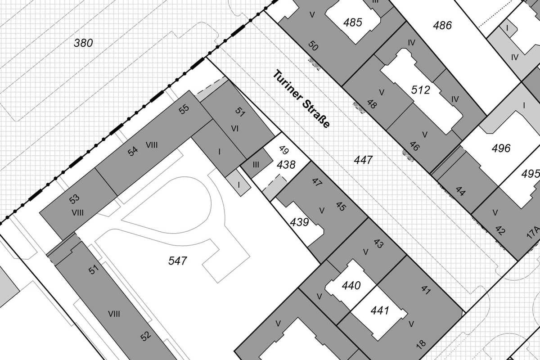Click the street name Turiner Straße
coord(301,99)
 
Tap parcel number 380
coord(83,43)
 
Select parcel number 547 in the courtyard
coord(177,261)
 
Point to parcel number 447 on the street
coord(363,160)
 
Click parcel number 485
coord(352,22)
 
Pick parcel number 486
coord(442,25)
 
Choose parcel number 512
coord(420,90)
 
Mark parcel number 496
coord(501,148)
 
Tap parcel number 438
coord(286,165)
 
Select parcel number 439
coord(299,222)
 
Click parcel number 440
coord(351,285)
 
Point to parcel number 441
coord(380,310)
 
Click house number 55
coord(184,109)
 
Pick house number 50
coord(313,45)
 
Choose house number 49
coord(284,150)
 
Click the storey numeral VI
coord(235,129)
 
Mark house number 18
coord(421,345)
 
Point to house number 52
coord(146,336)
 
